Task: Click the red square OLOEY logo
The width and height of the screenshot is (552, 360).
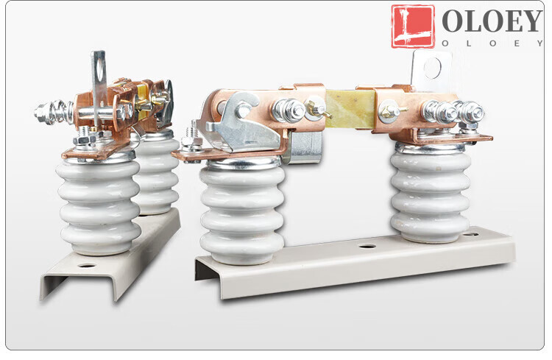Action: (x=413, y=26)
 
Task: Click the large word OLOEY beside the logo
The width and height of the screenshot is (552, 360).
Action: (x=492, y=21)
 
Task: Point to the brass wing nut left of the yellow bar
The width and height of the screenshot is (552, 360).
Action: (x=317, y=109)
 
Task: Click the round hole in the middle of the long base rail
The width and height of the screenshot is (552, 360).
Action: (x=367, y=246)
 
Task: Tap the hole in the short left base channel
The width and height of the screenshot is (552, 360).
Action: (x=87, y=265)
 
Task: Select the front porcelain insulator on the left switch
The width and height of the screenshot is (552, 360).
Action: (x=99, y=206)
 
